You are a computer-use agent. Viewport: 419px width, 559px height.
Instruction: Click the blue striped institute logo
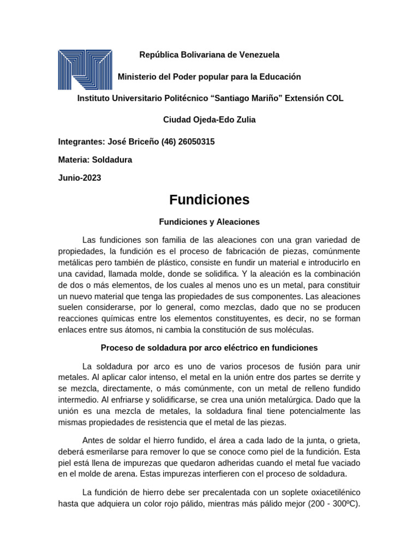[x=85, y=69]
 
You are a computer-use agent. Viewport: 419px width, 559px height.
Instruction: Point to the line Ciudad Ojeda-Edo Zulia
[x=209, y=120]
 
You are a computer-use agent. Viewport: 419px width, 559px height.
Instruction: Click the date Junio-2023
[x=80, y=178]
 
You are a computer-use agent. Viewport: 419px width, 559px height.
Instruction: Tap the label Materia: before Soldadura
[x=75, y=160]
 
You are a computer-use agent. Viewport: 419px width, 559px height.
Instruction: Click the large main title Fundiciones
[x=209, y=200]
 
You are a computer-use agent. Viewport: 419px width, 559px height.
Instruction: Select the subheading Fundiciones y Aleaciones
[x=209, y=222]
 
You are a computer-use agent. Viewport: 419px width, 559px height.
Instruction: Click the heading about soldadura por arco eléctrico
[x=209, y=348]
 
